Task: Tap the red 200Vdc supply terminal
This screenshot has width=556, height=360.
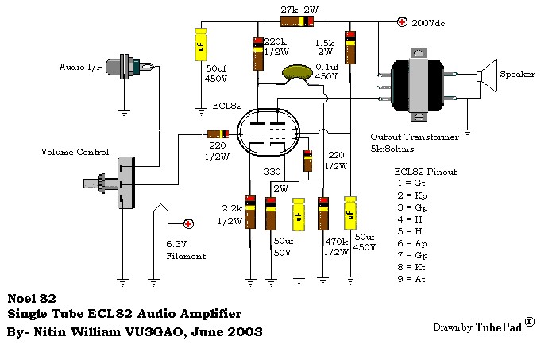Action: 403,22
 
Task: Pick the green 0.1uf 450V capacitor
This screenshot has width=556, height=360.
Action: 299,73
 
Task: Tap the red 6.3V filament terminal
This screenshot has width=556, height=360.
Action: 189,224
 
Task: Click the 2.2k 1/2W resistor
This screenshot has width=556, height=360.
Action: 250,212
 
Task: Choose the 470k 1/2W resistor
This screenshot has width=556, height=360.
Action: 323,212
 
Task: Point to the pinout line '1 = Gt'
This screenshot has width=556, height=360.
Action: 411,184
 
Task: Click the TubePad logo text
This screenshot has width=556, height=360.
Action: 499,327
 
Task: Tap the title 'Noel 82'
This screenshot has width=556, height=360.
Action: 29,300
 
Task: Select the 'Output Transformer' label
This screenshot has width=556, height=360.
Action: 414,137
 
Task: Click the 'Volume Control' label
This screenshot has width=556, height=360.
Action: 75,150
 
